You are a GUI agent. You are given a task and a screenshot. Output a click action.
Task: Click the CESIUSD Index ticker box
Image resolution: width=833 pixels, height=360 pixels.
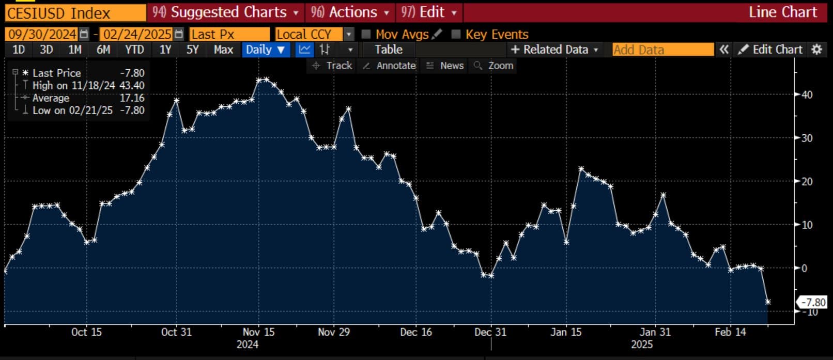point(75,12)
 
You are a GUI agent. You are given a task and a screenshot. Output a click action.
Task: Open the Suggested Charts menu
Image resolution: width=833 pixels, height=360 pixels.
point(226,12)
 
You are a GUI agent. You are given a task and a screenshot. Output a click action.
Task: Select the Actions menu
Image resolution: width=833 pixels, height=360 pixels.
point(350,12)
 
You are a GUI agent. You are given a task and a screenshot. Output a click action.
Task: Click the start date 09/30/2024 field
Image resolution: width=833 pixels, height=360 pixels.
point(42,35)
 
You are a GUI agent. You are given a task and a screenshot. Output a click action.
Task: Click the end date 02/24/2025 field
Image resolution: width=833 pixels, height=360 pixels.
point(137,35)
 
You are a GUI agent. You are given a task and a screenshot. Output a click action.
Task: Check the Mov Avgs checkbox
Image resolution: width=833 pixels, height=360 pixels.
point(366,35)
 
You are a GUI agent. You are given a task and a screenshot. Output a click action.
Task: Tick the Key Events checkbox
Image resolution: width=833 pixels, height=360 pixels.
point(456,35)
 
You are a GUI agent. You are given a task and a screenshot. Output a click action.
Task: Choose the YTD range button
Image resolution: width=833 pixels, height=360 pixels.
point(134,50)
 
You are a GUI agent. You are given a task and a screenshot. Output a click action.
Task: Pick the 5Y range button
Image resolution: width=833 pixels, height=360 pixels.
point(192,50)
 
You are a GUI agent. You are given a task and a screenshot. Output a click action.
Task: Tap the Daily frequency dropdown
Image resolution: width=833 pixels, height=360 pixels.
point(265,50)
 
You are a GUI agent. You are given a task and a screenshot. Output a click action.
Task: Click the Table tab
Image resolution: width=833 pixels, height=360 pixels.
point(388,50)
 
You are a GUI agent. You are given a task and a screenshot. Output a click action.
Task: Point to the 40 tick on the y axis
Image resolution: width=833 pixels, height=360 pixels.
point(806,95)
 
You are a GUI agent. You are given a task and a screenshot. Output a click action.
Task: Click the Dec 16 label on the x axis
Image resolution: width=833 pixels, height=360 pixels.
point(415,332)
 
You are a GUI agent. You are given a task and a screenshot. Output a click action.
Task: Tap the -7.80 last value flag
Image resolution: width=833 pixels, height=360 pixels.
point(813,302)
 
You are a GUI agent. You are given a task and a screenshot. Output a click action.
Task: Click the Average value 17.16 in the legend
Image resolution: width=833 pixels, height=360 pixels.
point(132,98)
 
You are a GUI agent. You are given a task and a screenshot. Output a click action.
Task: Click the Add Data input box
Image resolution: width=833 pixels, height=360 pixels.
point(662,50)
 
